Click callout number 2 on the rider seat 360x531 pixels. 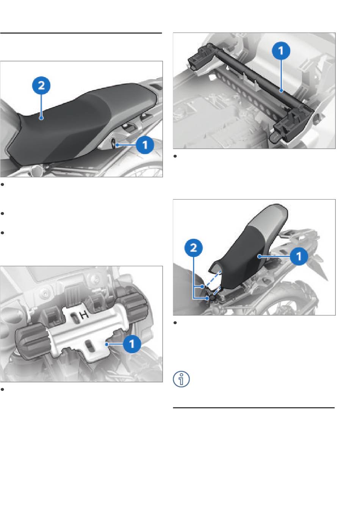pyautogui.click(x=41, y=85)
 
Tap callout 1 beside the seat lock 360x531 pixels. pyautogui.click(x=145, y=145)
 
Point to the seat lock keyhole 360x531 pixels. pyautogui.click(x=113, y=144)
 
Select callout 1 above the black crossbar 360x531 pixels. pyautogui.click(x=281, y=51)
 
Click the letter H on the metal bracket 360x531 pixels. pyautogui.click(x=84, y=315)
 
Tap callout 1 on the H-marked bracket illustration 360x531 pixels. pyautogui.click(x=132, y=344)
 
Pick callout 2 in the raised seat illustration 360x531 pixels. pyautogui.click(x=194, y=248)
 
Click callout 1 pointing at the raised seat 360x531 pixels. pyautogui.click(x=299, y=256)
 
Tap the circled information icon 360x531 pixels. pyautogui.click(x=181, y=379)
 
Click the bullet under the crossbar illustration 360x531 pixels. pyautogui.click(x=175, y=156)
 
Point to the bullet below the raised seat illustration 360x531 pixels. pyautogui.click(x=175, y=323)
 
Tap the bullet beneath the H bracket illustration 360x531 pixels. pyautogui.click(x=2, y=389)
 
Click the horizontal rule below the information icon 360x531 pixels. pyautogui.click(x=254, y=408)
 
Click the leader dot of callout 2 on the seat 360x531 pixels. pyautogui.click(x=41, y=117)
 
